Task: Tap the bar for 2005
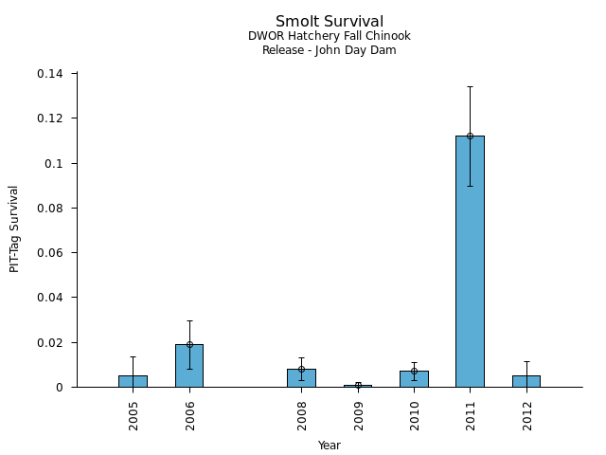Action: (x=133, y=381)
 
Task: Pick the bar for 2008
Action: (x=301, y=378)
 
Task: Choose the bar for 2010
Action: (x=414, y=379)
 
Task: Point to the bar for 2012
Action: (x=526, y=381)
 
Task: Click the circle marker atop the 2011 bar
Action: (x=470, y=136)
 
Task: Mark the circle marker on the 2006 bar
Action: (x=189, y=344)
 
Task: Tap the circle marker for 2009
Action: (x=358, y=385)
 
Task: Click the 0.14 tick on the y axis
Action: (x=50, y=74)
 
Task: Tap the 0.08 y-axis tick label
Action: (x=50, y=209)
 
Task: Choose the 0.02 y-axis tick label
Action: (x=50, y=342)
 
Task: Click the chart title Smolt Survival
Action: (x=330, y=22)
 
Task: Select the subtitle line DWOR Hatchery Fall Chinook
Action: (x=330, y=37)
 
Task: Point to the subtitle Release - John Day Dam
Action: (x=330, y=50)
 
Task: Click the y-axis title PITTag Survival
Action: (x=14, y=228)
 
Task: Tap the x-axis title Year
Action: (x=330, y=446)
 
